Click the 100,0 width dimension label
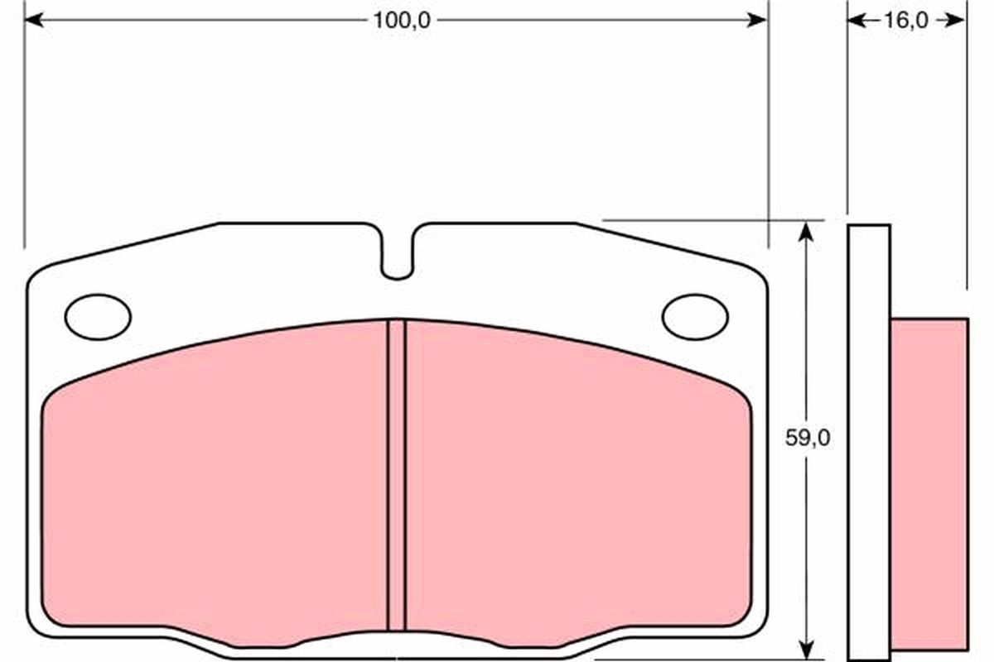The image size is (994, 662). [402, 21]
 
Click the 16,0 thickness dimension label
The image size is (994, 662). [906, 21]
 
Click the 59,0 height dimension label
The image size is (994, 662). [808, 438]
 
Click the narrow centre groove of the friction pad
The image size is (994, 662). [396, 474]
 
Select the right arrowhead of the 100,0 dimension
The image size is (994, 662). [757, 20]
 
